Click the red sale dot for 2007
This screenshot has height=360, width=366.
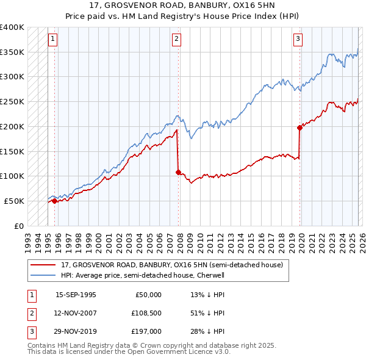(x=178, y=172)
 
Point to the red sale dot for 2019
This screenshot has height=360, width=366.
(x=300, y=128)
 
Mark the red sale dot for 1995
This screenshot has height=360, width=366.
(x=55, y=201)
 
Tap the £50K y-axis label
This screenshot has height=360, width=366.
(x=14, y=201)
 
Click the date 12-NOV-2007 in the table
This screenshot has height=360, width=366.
(x=76, y=313)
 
